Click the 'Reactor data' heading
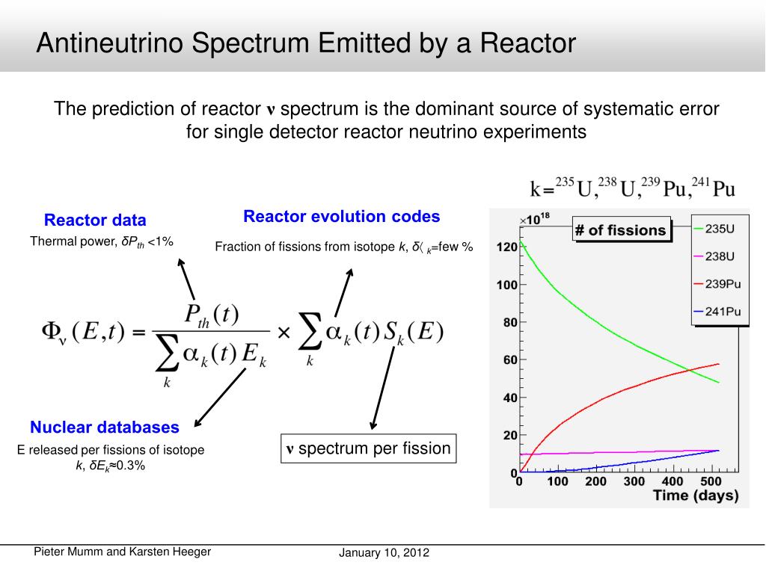[x=95, y=220]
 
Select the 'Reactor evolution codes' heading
[x=342, y=217]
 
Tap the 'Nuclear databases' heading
[x=105, y=428]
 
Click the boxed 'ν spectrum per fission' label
[x=368, y=449]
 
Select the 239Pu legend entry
[x=722, y=284]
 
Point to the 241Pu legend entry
[x=722, y=312]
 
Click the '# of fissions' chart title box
[x=620, y=230]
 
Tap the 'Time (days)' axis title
[x=695, y=496]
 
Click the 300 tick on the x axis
[x=634, y=481]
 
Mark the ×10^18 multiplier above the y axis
[x=534, y=220]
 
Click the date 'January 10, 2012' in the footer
[x=384, y=554]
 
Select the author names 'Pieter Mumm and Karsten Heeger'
[x=123, y=552]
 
